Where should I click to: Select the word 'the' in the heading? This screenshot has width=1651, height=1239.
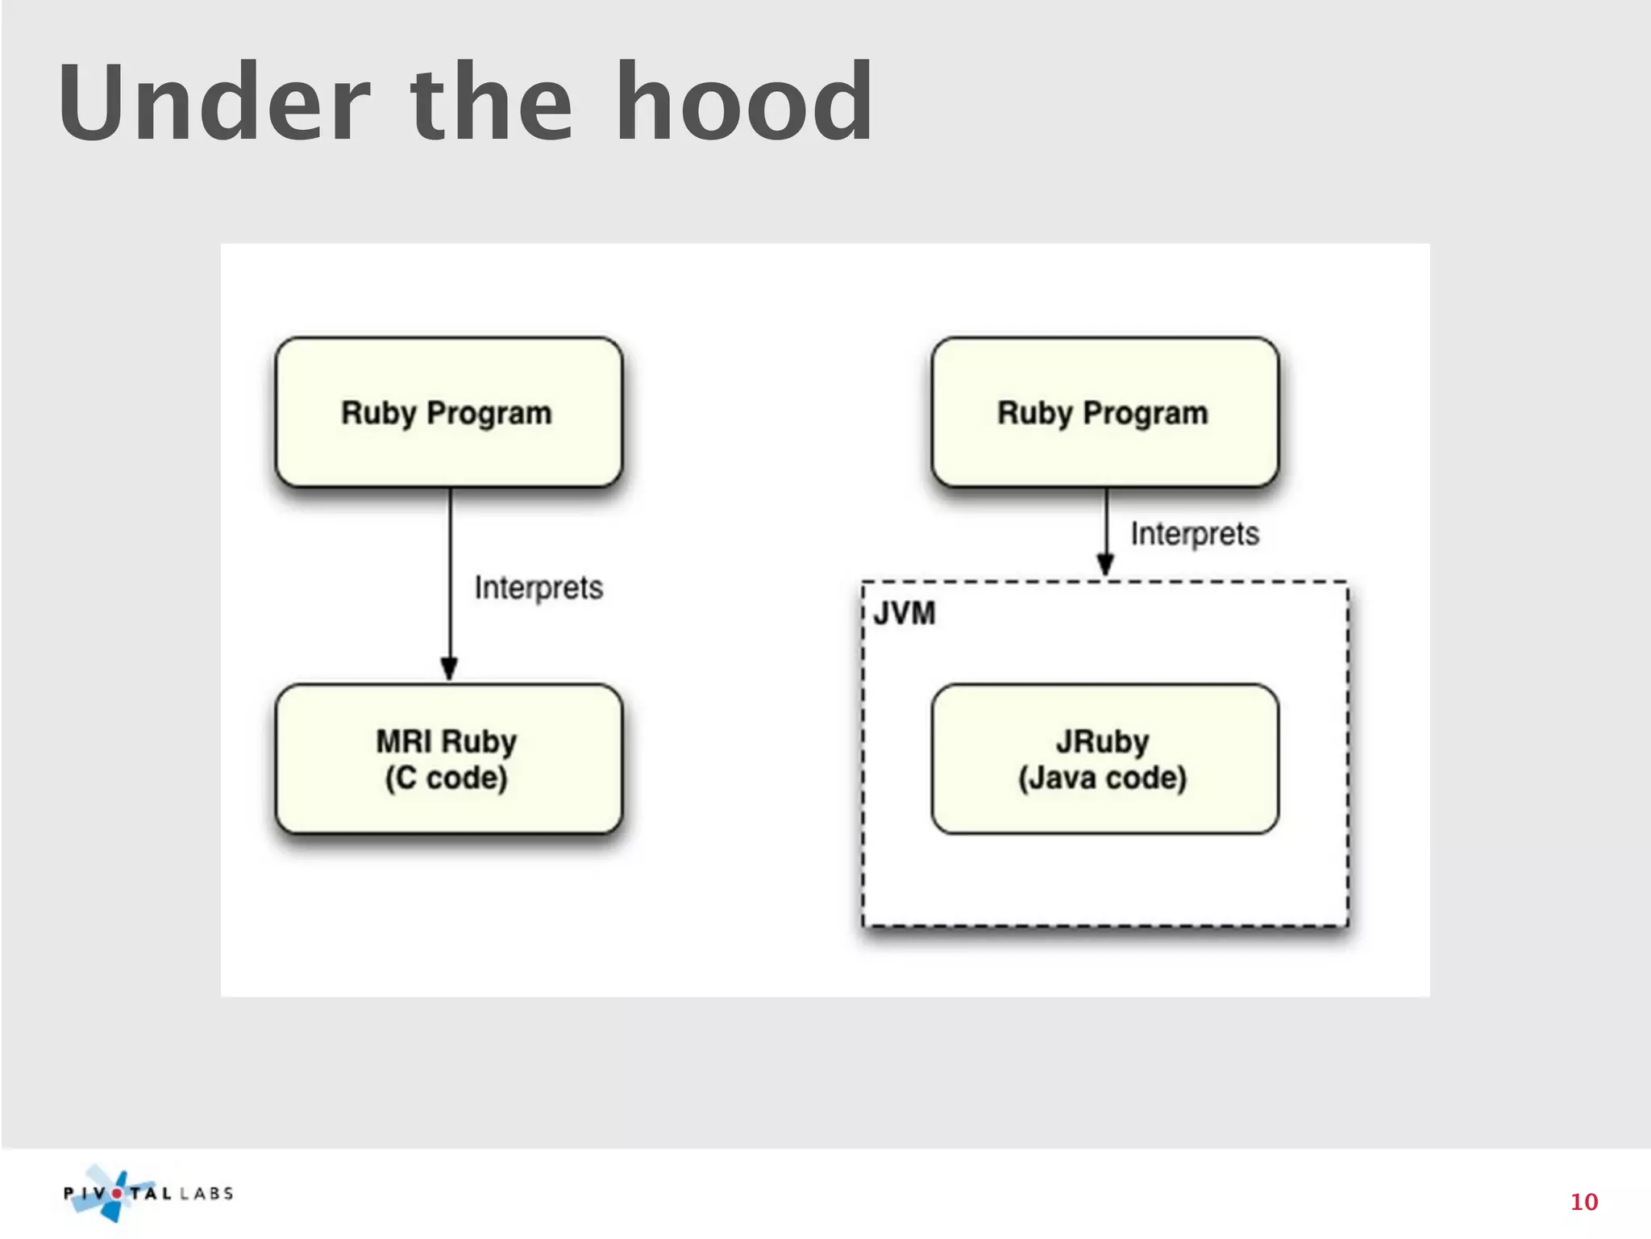(492, 103)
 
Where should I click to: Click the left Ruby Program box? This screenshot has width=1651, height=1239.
(448, 412)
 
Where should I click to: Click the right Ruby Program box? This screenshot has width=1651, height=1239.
(1104, 412)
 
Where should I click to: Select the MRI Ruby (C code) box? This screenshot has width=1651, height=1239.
(448, 759)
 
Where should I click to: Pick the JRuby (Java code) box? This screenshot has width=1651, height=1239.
(1104, 759)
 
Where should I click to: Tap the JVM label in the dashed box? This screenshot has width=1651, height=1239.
(905, 614)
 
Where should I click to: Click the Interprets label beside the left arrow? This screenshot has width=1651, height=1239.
(539, 587)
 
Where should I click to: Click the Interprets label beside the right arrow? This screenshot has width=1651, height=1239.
(1195, 534)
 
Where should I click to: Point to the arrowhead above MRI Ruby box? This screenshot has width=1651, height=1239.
(449, 669)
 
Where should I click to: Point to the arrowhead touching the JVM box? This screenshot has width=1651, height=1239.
(1106, 565)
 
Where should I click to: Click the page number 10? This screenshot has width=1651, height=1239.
(1583, 1202)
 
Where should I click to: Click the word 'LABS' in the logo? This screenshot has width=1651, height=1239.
(206, 1193)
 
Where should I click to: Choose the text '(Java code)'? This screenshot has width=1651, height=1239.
(1102, 778)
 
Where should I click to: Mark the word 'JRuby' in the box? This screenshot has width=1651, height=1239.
(1102, 740)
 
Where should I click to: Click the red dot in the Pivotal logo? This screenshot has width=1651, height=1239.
(118, 1193)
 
